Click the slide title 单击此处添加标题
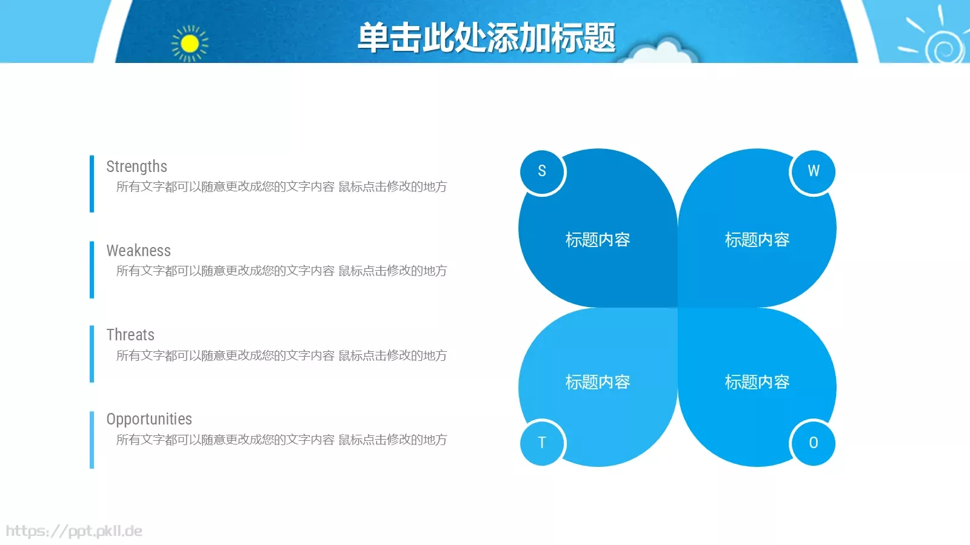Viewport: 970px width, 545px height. coord(486,38)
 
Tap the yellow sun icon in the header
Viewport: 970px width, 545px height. coord(190,44)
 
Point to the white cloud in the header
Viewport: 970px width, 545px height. coord(661,53)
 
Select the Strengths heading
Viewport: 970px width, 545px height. coord(136,167)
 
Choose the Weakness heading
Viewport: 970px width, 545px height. coord(138,251)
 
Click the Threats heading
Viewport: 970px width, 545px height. coord(130,335)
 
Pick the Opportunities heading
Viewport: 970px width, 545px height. coord(149,419)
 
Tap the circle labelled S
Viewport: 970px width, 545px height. coord(542,171)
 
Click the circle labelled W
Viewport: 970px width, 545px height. coord(813,171)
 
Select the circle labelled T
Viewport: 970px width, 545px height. coord(542,443)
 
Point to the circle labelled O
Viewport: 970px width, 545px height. coord(813,443)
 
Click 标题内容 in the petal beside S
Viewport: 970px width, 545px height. coord(598,240)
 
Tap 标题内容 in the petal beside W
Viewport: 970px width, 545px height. coord(757,240)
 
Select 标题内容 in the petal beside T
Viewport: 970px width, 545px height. coord(598,382)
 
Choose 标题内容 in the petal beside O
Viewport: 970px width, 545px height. coord(757,382)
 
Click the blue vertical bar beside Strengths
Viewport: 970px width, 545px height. coord(92,184)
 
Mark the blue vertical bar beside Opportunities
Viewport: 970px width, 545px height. coord(92,440)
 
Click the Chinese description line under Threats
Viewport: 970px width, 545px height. coord(281,355)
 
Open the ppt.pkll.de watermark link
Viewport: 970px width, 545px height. coord(74,531)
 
